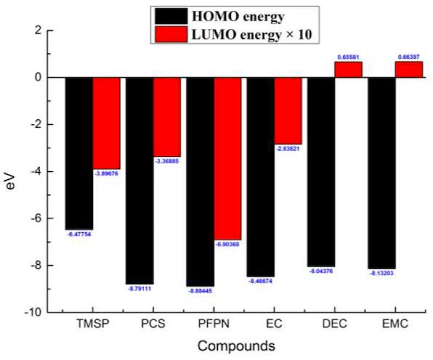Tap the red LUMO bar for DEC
348,69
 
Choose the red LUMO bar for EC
288,111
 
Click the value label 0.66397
409,57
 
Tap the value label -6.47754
79,234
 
